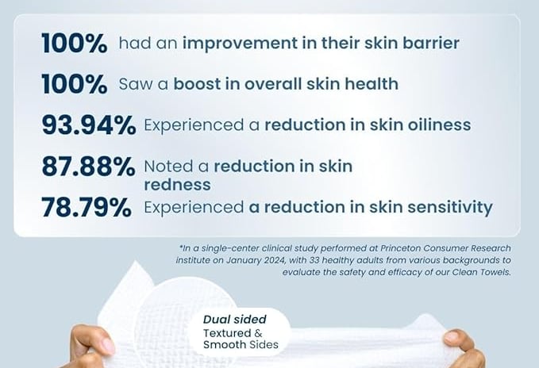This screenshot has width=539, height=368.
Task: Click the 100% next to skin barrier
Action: coord(75,44)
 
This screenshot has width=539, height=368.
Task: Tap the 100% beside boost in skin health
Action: coord(75,84)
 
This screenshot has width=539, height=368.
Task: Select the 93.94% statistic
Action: coord(89,125)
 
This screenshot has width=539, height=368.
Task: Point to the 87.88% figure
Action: coord(88,166)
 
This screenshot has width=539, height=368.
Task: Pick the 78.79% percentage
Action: coord(87,207)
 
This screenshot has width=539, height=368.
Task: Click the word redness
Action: coord(177,185)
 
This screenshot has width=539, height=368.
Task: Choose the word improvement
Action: coord(240,44)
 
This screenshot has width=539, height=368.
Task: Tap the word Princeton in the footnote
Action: coord(400,248)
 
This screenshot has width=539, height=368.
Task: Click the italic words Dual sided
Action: coord(235,320)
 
